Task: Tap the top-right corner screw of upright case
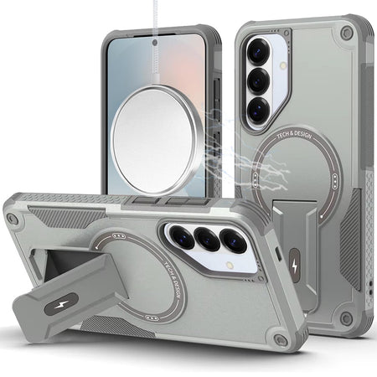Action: coord(346,32)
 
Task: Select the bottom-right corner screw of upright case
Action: coord(346,316)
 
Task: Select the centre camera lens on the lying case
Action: coord(207,239)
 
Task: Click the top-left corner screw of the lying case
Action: coord(13,219)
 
